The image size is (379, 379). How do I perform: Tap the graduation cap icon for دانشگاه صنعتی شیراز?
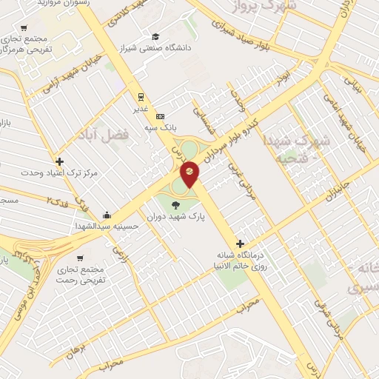pyautogui.click(x=155, y=37)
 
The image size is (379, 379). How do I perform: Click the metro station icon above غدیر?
pyautogui.click(x=139, y=96)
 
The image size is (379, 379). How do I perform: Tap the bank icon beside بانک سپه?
pyautogui.click(x=160, y=117)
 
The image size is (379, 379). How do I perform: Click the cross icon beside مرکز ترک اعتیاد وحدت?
pyautogui.click(x=59, y=161)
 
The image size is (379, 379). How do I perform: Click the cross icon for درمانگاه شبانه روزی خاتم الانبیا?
pyautogui.click(x=239, y=244)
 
